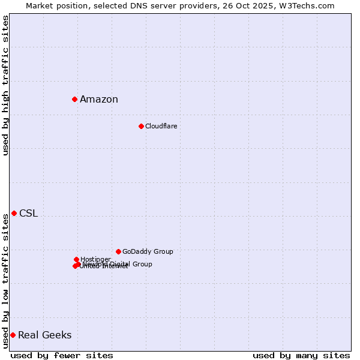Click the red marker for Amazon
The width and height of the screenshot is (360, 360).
(74, 99)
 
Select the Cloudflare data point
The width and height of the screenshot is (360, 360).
(141, 126)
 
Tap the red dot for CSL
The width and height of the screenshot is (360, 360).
(14, 213)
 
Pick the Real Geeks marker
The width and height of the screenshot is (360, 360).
(13, 335)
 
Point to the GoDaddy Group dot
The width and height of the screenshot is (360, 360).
(118, 251)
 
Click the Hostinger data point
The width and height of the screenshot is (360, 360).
(76, 259)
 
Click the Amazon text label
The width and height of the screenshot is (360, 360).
(99, 100)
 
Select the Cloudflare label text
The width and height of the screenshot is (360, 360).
(161, 126)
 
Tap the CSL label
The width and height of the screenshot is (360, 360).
(28, 214)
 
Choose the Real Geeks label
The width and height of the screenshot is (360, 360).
(44, 335)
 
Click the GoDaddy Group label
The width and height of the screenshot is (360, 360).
(148, 251)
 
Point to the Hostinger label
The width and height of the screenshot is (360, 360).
(95, 259)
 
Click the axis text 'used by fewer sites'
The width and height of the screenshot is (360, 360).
(62, 355)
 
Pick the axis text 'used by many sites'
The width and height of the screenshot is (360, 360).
(301, 355)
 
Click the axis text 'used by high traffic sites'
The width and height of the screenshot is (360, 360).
(5, 85)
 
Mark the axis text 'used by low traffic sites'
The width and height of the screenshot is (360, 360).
(5, 281)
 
